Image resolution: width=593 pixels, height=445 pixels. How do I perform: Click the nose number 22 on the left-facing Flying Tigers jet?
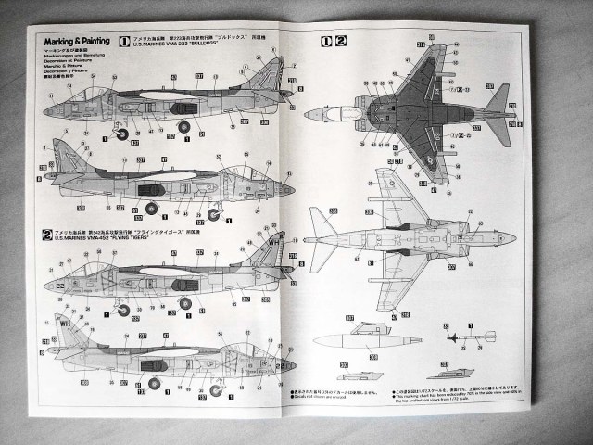[61, 287]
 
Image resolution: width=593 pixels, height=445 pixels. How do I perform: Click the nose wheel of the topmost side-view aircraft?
[122, 134]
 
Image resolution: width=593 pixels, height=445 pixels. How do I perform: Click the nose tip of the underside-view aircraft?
[512, 237]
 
